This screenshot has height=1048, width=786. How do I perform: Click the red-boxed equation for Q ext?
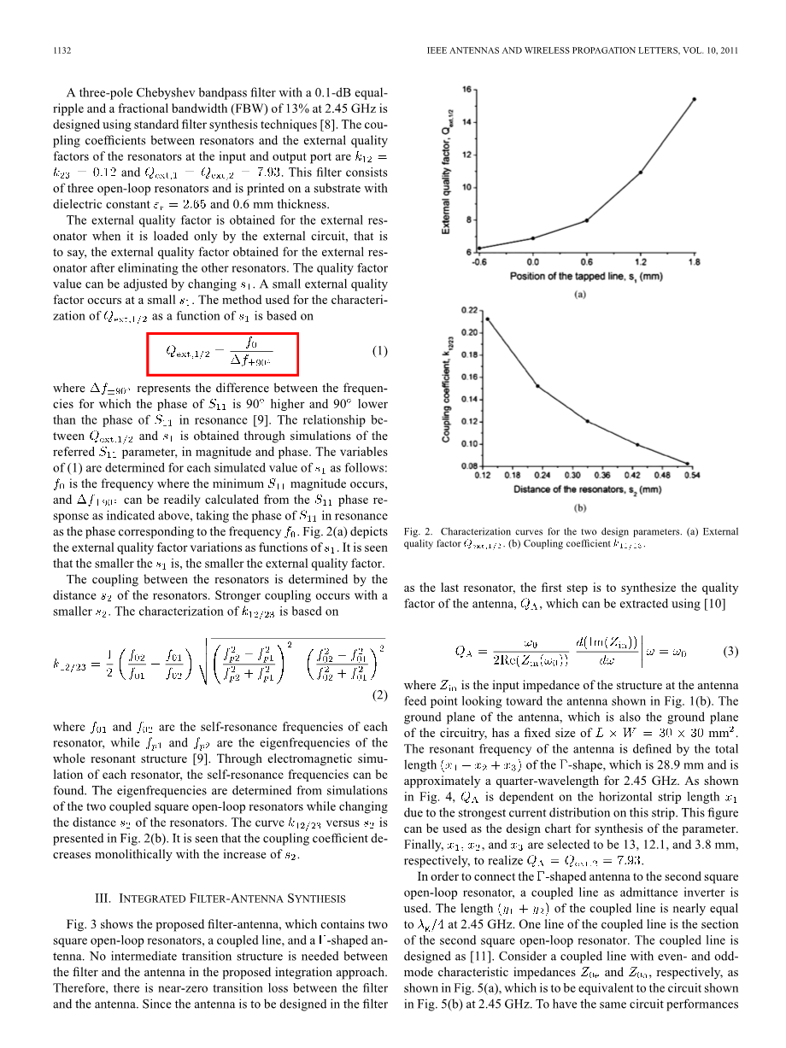[222, 353]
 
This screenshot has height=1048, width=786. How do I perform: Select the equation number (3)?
[730, 652]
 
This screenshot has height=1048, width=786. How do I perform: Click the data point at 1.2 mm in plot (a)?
[640, 173]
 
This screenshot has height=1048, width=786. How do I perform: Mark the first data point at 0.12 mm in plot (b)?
[487, 319]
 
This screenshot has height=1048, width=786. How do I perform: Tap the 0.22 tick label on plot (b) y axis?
[468, 309]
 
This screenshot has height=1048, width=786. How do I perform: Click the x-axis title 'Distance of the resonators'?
[587, 489]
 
